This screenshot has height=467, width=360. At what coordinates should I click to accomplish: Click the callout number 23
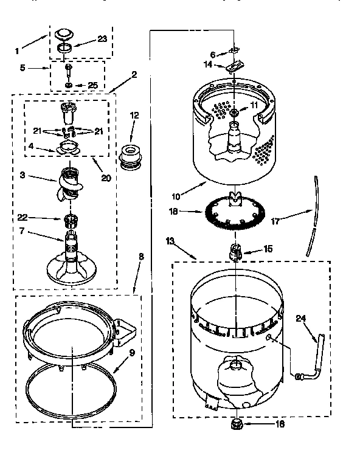(102, 38)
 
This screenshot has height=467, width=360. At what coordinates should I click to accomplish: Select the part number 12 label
(134, 115)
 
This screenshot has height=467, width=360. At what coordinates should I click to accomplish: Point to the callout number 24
(300, 318)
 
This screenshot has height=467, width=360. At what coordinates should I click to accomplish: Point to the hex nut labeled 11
(235, 111)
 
